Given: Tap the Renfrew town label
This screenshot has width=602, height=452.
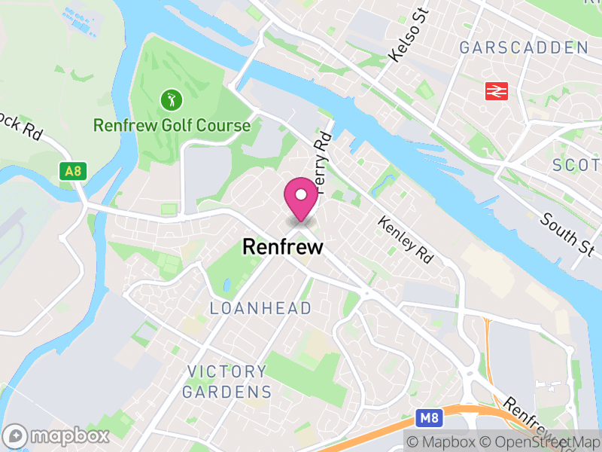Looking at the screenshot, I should [x=282, y=246].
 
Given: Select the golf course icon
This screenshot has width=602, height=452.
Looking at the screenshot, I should [x=172, y=99].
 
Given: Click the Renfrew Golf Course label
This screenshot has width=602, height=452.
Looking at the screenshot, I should [x=172, y=125].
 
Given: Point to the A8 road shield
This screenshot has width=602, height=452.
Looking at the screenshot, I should [x=72, y=171].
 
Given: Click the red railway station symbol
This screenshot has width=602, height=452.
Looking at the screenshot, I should [x=495, y=91].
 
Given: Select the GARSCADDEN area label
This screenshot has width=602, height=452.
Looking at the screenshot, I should [x=524, y=48].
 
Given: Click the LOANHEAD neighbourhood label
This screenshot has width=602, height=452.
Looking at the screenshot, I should [x=260, y=308].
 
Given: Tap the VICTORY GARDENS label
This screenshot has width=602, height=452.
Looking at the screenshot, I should [x=227, y=381].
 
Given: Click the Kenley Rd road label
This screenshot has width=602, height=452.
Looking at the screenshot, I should [x=406, y=240].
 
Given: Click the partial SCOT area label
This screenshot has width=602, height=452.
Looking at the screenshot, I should [x=576, y=165].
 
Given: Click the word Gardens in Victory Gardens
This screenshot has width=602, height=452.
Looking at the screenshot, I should [x=227, y=392].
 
